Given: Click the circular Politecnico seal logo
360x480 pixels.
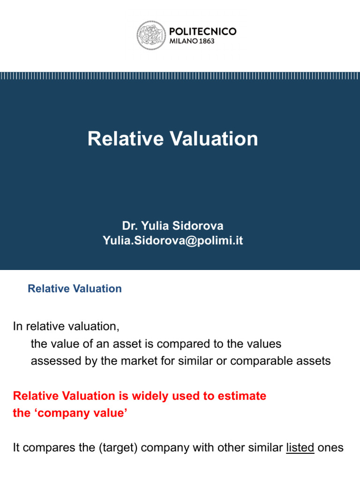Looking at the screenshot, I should point(151,36).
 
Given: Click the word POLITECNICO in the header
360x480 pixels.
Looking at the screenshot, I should point(202,31).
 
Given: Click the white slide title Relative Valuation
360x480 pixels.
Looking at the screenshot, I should point(172,139).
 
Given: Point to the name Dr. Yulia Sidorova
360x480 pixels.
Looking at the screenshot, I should point(172,226).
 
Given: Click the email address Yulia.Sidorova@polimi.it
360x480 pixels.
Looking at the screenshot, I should point(172,241).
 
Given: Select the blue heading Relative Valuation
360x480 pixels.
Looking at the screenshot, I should point(75,289).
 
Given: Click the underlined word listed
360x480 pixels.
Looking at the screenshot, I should point(300,448).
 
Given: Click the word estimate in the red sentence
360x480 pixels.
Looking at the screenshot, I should point(241,396).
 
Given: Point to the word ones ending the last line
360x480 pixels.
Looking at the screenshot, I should point(330,448).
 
